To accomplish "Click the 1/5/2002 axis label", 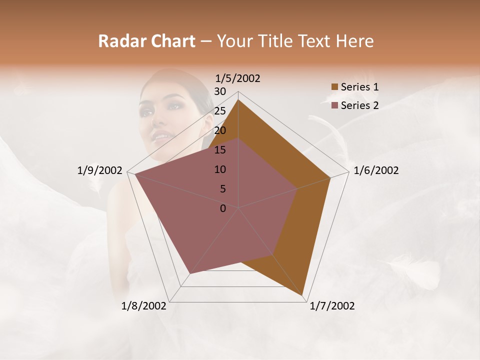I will coord(238,78).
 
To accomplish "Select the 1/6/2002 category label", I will coord(376,170).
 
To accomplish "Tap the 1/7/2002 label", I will coord(332,306).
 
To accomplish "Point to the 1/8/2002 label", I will coord(144,306).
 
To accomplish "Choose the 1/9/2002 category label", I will coord(100,170).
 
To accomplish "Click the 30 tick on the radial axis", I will coord(220,91).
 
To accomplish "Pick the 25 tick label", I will coord(220,111).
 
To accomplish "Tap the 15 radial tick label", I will coord(220,150).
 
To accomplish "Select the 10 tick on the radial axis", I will coord(220,169).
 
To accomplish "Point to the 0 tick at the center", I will coord(223,208).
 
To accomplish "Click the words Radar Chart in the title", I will coord(146,41).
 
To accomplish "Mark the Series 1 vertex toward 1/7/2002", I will coord(302,295).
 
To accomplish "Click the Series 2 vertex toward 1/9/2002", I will coord(135,174).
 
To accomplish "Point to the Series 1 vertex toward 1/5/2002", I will coord(238,100).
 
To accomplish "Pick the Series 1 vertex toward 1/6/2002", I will coord(330,177).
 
